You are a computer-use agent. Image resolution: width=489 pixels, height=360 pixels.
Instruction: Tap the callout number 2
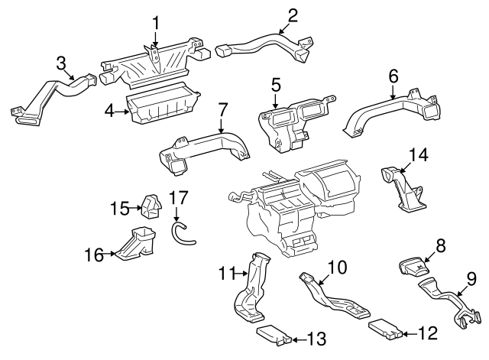point(293,14)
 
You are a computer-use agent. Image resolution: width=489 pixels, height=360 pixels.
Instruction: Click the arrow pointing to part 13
point(299,336)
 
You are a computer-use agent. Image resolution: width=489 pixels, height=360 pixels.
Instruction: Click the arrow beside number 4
point(125,112)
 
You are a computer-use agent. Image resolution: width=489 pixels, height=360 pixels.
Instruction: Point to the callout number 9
point(471,279)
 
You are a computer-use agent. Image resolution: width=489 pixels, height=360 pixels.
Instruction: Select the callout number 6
point(393,76)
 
